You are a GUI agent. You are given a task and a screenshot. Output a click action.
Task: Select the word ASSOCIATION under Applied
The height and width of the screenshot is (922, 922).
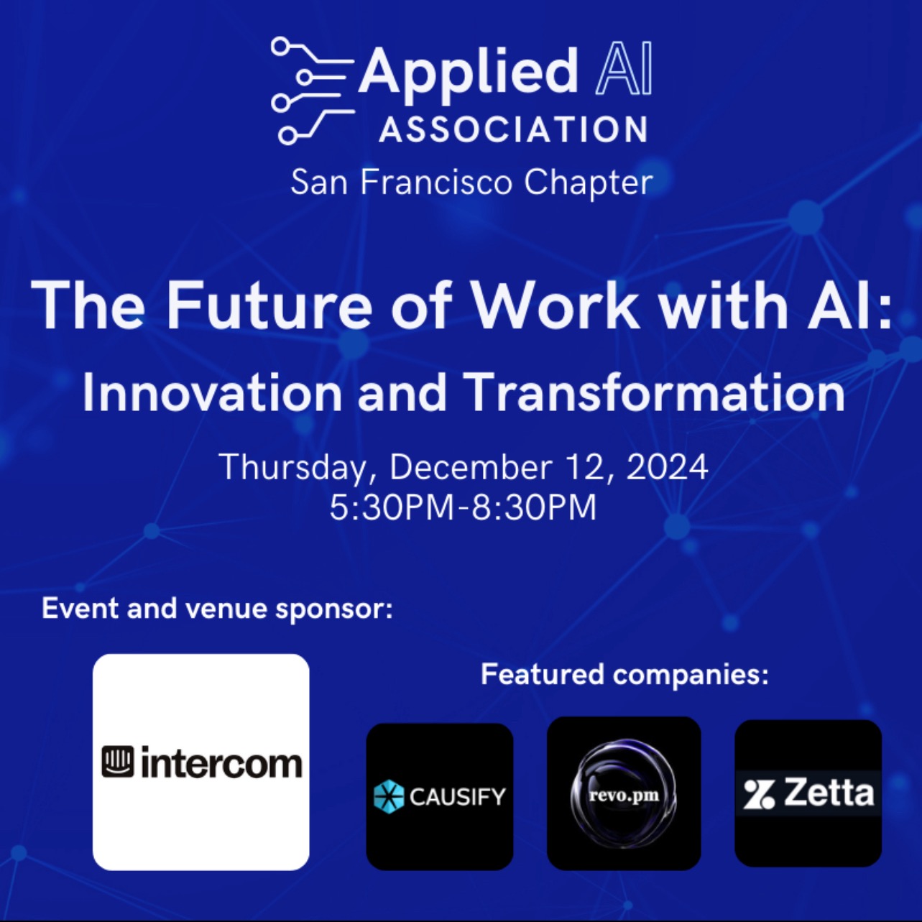pos(513,129)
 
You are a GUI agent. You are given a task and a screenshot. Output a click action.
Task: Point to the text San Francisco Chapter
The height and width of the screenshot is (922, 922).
pos(471,183)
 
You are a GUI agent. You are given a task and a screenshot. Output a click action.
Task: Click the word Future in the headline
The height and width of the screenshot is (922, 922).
pos(268,305)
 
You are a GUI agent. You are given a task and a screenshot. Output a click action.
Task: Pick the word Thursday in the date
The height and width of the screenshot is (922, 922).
pos(292,467)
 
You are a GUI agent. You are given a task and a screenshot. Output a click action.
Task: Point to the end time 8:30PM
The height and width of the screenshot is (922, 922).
pos(535,507)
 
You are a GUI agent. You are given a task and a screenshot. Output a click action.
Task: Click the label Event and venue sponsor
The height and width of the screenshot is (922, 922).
pos(217,609)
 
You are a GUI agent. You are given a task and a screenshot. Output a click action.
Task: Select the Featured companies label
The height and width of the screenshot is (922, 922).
pos(624,674)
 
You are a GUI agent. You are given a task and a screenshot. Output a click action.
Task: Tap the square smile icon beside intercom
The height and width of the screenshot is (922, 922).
pos(118,763)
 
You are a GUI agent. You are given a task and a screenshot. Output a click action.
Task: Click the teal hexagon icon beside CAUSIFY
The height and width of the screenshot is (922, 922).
pos(389,797)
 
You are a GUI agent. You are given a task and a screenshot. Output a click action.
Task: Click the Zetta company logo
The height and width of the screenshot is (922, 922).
pos(808,793)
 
